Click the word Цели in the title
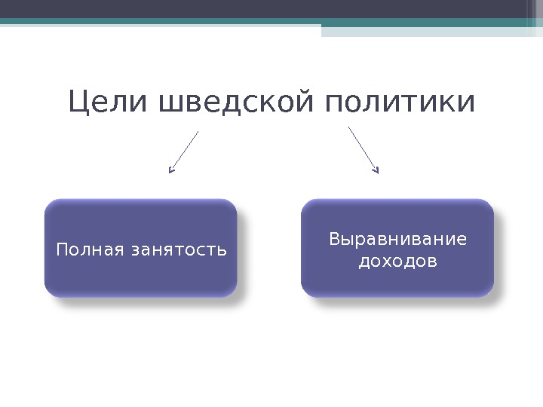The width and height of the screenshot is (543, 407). pyautogui.click(x=110, y=104)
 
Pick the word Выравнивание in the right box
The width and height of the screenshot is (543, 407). pyautogui.click(x=397, y=240)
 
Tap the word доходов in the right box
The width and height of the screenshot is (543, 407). pyautogui.click(x=397, y=262)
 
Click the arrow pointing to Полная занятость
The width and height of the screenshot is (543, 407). pyautogui.click(x=185, y=151)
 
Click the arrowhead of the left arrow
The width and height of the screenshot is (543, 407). pyautogui.click(x=171, y=170)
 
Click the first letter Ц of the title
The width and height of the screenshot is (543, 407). pyautogui.click(x=78, y=104)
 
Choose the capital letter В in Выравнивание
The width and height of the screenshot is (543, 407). pyautogui.click(x=334, y=240)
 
